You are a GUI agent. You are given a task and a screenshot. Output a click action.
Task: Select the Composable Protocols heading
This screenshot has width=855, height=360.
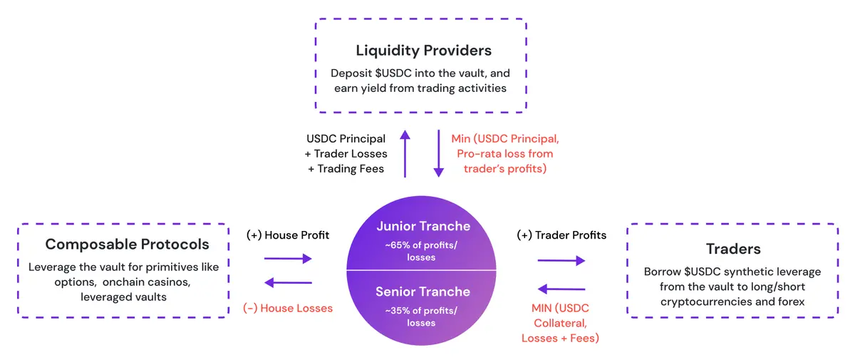coord(127,245)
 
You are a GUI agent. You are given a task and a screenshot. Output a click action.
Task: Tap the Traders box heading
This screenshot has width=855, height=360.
coord(734,249)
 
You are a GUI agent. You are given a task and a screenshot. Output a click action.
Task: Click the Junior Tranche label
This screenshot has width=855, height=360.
coord(423,226)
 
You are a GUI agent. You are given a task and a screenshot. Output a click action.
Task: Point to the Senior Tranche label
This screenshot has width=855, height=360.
coord(423,292)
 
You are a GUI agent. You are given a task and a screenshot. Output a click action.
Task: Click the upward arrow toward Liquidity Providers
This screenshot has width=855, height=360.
coord(405,154)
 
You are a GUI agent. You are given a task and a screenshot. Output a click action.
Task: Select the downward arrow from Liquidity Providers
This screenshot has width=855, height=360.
coord(438,154)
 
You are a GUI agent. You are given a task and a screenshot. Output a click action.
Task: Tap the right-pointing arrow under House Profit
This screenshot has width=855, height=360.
coord(288,259)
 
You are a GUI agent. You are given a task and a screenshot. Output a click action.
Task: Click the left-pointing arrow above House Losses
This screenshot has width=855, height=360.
coord(288,284)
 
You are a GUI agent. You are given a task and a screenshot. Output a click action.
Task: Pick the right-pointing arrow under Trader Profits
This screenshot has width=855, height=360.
coord(561,261)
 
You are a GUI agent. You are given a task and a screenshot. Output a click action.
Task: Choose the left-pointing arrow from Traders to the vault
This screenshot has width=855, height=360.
coord(561,289)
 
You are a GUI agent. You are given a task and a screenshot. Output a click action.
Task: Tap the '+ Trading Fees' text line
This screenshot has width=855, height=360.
coord(346,168)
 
